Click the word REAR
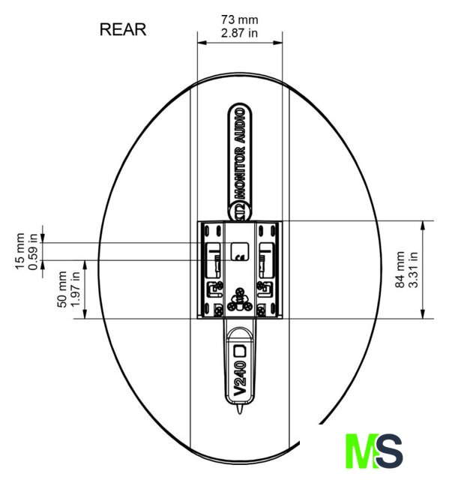pos(123,30)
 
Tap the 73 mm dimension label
pos(240,20)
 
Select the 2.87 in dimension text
pos(239,33)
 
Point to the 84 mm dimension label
pos(400,269)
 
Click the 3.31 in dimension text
pos(413,269)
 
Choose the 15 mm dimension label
pos(20,251)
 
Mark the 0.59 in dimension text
pos(33,252)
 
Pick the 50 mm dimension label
pos(61,289)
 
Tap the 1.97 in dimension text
pos(75,289)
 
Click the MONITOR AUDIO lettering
pos(240,154)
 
